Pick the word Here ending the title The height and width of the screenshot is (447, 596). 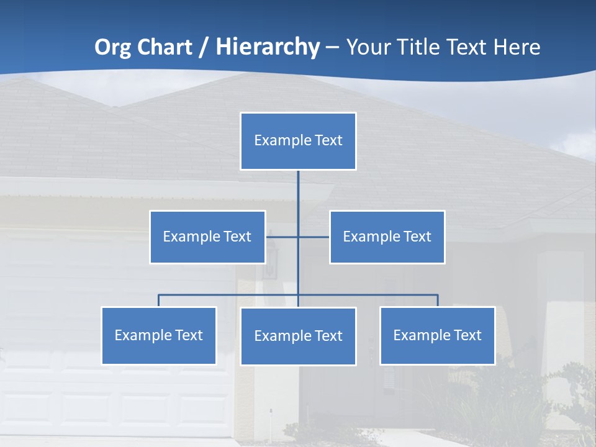click(517, 47)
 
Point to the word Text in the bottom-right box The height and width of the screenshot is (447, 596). click(467, 335)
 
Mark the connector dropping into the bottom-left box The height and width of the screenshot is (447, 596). click(159, 300)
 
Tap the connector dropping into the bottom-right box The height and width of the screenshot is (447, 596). click(438, 300)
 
